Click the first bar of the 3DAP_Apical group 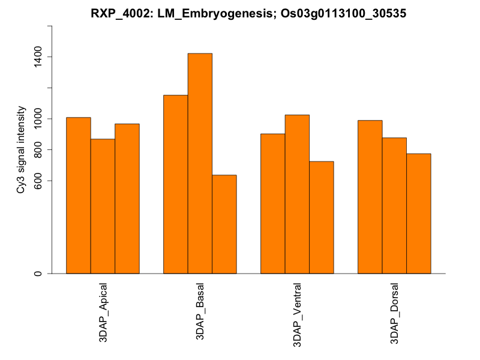pos(78,195)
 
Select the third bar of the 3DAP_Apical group pos(127,199)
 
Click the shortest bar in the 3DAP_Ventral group pos(321,217)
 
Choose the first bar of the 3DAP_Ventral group pos(272,203)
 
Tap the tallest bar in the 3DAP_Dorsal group pos(370,197)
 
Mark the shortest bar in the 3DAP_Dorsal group pos(418,214)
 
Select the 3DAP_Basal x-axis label pos(200,311)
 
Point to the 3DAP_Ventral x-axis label pos(298,314)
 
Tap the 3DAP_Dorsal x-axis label pos(395,313)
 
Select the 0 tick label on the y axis pos(37,274)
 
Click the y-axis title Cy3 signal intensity pos(21,150)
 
